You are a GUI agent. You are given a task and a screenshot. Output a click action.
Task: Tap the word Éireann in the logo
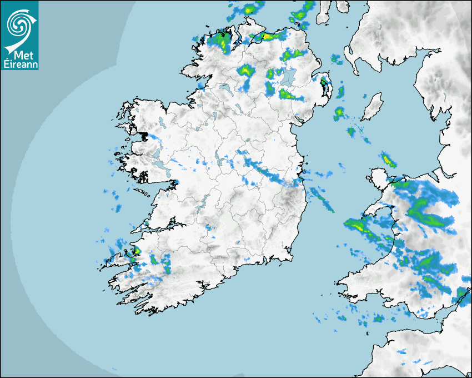[x=19, y=64]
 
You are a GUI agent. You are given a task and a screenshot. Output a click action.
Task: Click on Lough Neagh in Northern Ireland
[x=288, y=77]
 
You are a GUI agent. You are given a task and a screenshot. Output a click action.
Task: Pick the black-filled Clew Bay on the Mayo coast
[x=144, y=135]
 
